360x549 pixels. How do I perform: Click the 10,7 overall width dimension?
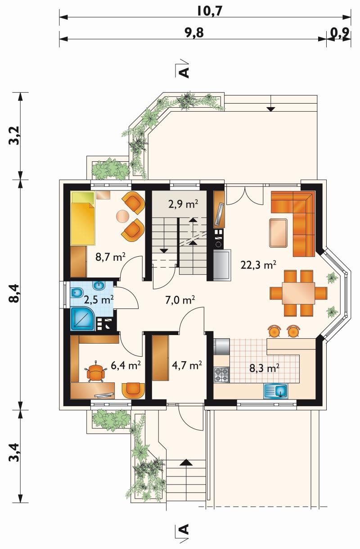(210, 11)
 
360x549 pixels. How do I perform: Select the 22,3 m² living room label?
(259, 265)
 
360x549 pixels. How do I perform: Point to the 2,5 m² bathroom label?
(99, 299)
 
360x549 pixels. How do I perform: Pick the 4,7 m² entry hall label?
(187, 365)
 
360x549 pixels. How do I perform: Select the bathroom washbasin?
(99, 285)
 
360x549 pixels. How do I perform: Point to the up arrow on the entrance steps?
(186, 462)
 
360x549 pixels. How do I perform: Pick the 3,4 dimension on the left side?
(15, 452)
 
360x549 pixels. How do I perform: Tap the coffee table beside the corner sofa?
(278, 233)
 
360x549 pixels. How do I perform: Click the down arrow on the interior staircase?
(164, 251)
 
